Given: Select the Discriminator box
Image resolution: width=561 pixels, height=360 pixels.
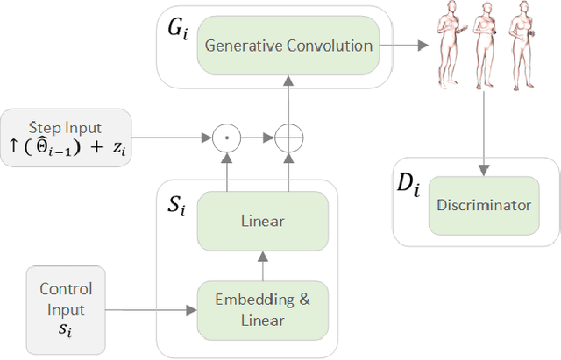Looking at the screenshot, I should (484, 206).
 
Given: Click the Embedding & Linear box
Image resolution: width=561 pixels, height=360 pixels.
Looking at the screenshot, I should (263, 308).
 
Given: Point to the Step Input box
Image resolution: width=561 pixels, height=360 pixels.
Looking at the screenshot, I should (67, 136).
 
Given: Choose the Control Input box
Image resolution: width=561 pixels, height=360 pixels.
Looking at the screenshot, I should (67, 309).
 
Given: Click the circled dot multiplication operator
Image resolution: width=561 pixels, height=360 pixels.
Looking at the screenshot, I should (226, 138).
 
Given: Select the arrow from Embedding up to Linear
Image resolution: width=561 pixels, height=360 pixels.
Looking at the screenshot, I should (263, 262).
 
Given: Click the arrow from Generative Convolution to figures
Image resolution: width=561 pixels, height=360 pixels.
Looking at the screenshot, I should (407, 46).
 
